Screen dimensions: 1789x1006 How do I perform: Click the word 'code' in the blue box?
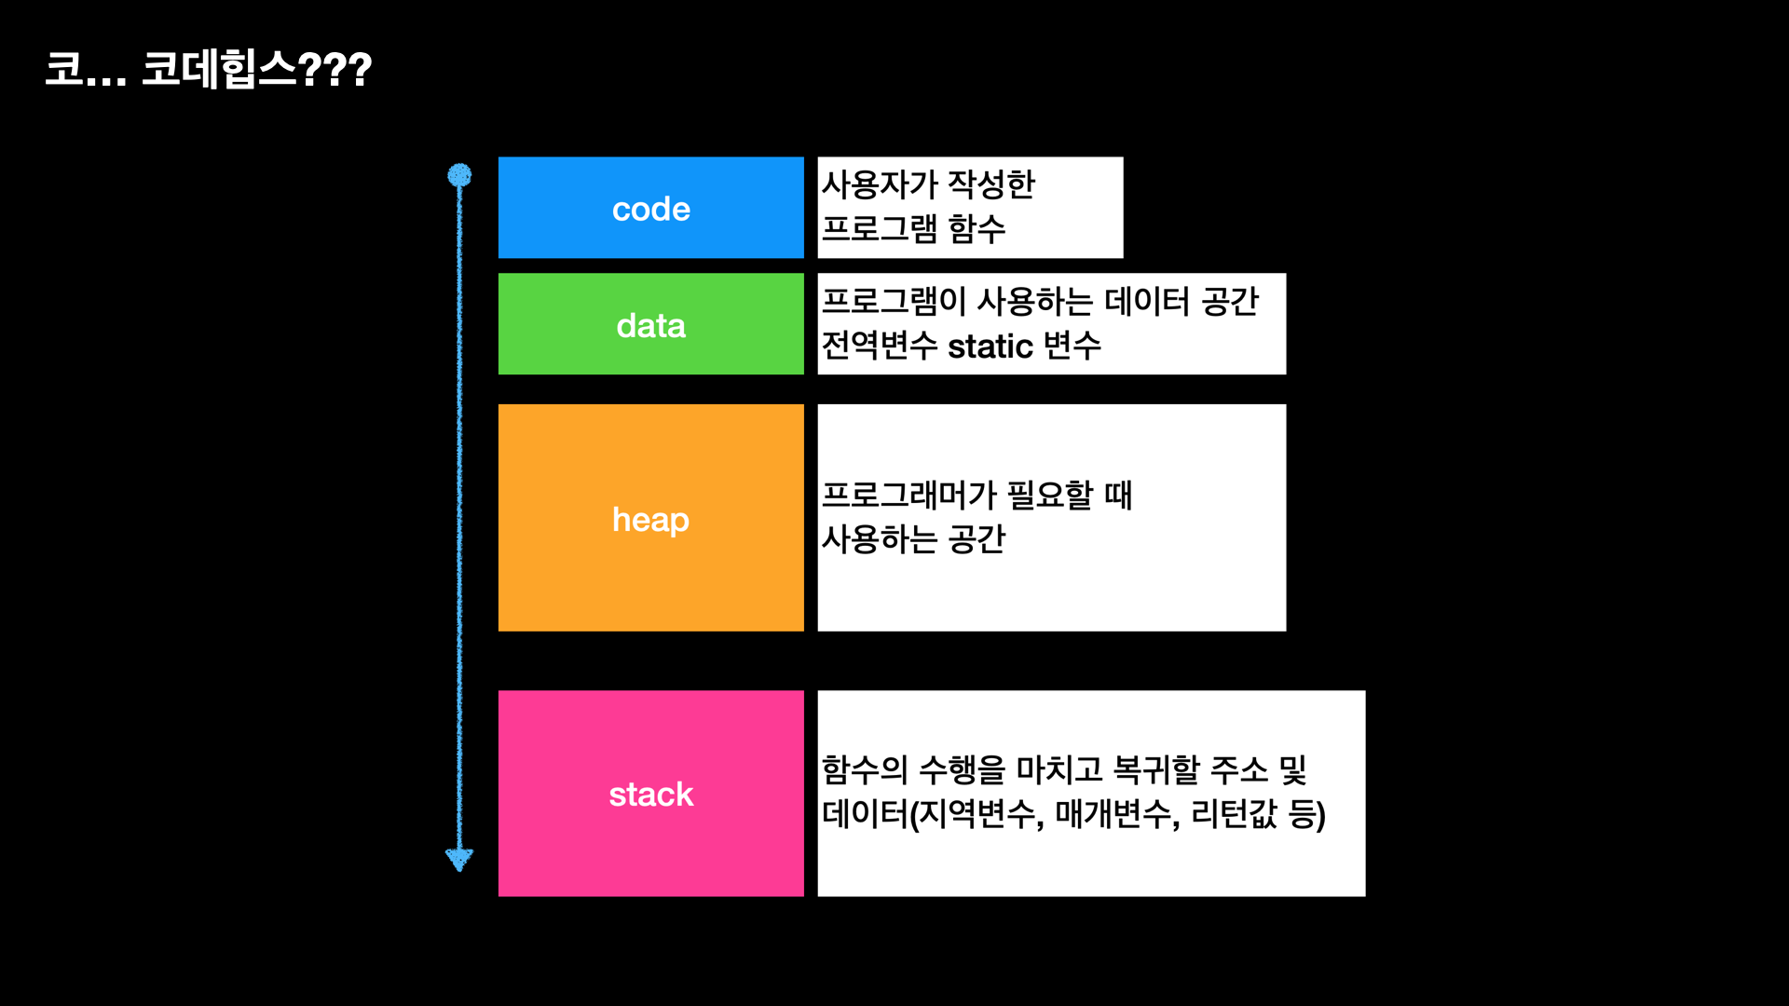tap(650, 210)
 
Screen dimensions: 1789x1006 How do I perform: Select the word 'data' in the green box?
tap(650, 326)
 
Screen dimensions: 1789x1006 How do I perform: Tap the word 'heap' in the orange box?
tap(650, 520)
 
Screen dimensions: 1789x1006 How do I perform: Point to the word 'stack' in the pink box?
tap(650, 795)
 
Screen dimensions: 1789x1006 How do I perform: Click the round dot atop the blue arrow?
tap(459, 175)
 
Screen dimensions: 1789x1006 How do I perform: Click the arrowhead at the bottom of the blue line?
tap(459, 859)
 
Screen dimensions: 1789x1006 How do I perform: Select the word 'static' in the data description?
tap(990, 347)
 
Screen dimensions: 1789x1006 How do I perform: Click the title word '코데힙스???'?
tap(256, 70)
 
